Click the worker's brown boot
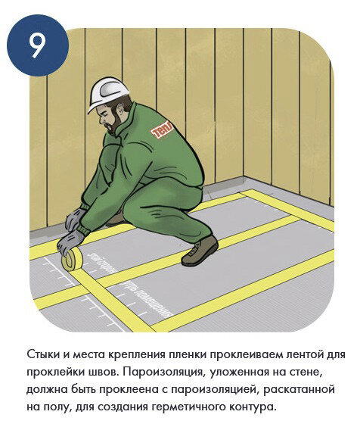(199, 250)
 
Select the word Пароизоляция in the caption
(156, 373)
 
